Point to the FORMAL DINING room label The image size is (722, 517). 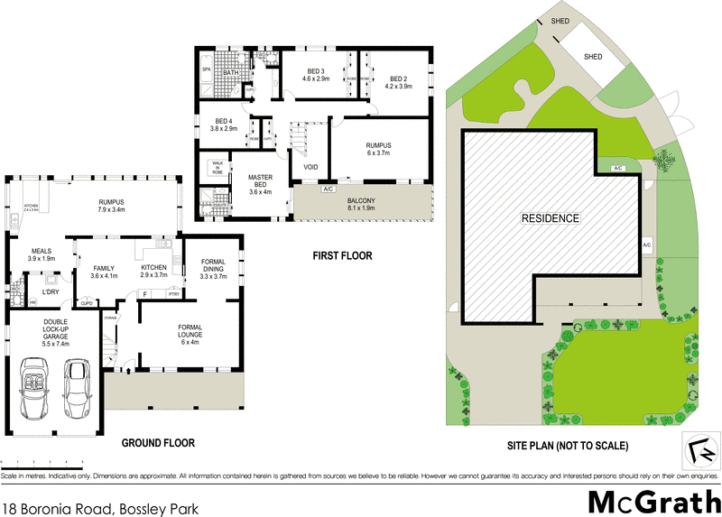[213, 270]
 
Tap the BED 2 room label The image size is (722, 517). [398, 80]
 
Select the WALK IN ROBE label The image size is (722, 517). [217, 166]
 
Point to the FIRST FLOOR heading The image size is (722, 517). [342, 256]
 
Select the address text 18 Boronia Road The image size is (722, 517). [100, 508]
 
